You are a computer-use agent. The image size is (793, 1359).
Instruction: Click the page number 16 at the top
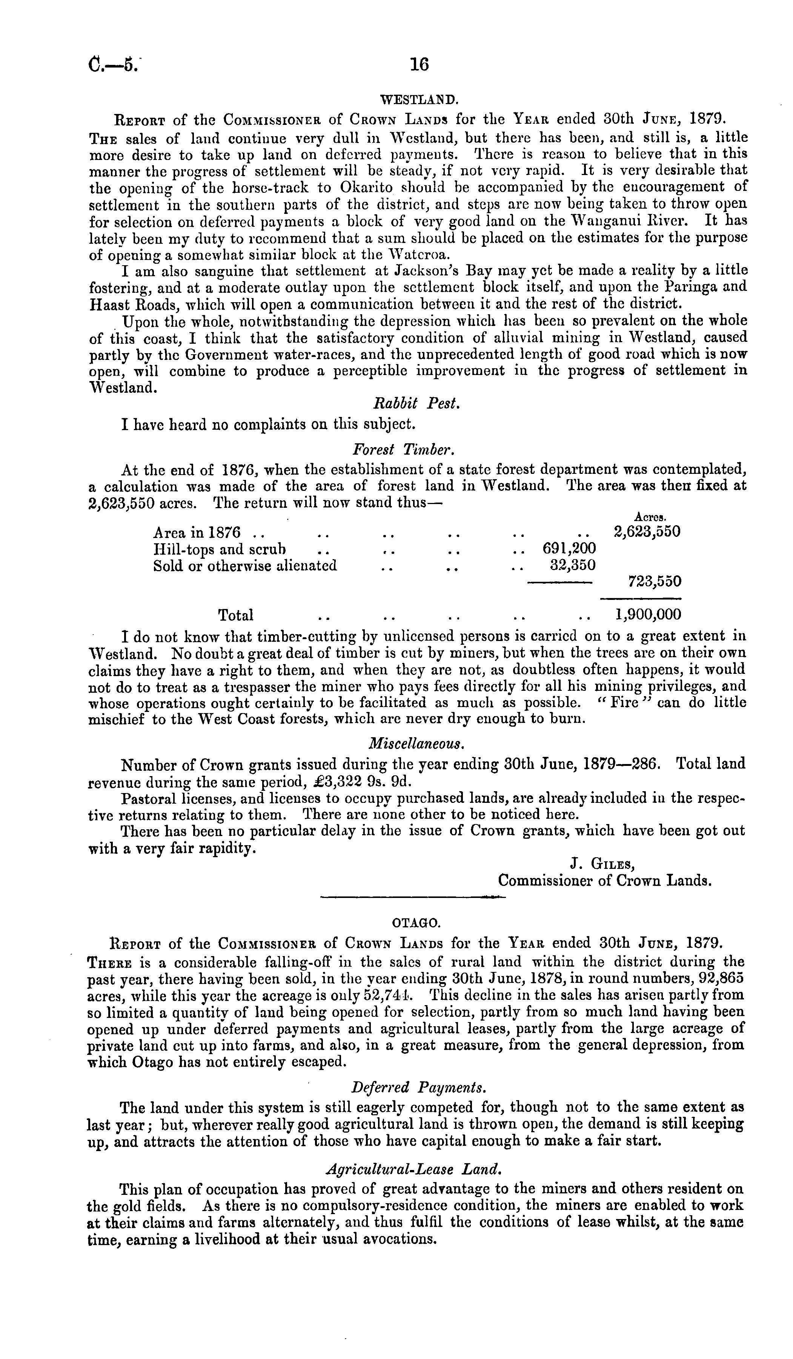(x=419, y=65)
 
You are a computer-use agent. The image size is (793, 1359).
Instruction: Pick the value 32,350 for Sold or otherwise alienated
(x=573, y=565)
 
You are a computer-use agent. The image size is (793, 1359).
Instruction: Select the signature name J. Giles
(x=602, y=864)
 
